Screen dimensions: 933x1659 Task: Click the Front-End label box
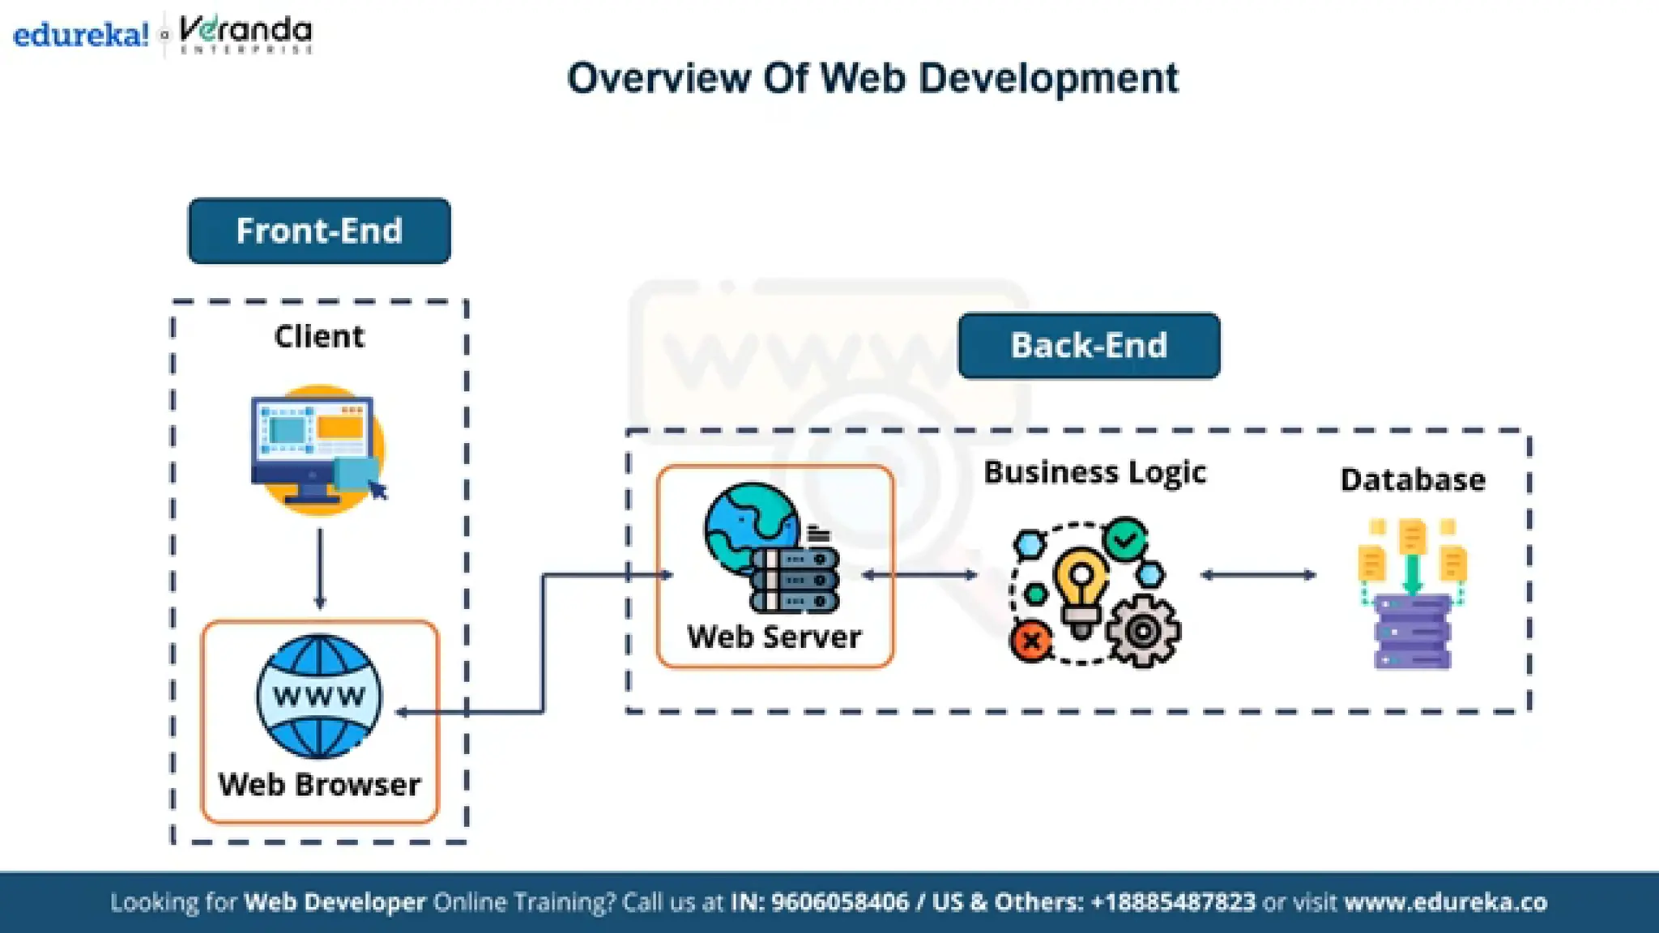tap(319, 231)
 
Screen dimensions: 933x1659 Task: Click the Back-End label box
tap(1089, 346)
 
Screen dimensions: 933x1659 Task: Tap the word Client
tap(319, 336)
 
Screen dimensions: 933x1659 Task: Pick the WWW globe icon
tap(319, 697)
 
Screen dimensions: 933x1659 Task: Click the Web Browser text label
tap(319, 785)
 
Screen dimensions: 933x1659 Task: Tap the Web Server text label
tap(774, 637)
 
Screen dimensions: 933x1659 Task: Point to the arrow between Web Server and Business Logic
tap(919, 575)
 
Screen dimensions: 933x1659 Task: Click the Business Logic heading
tap(1094, 472)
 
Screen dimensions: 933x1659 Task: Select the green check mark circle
tap(1126, 539)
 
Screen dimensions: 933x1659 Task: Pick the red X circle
tap(1031, 642)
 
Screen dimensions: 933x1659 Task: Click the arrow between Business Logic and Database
tap(1258, 575)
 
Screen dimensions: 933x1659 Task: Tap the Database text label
tap(1413, 480)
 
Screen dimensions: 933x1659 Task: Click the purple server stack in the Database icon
tap(1413, 633)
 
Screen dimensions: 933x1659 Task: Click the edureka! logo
tap(81, 35)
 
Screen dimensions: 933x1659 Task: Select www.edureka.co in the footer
tap(1446, 902)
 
